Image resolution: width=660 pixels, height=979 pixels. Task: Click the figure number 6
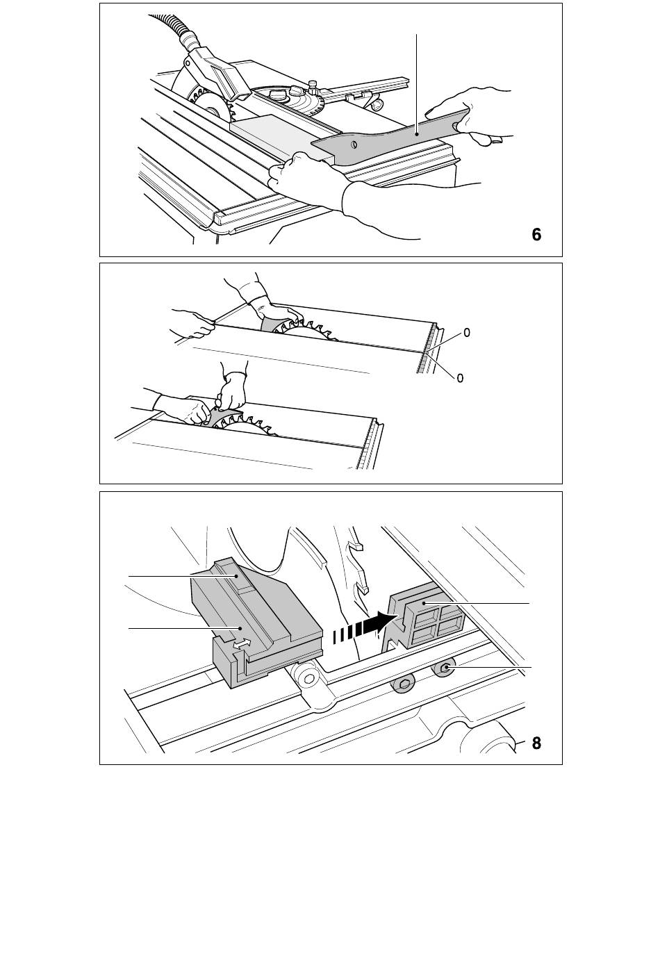click(x=536, y=235)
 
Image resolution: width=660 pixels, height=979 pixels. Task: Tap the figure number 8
click(x=536, y=743)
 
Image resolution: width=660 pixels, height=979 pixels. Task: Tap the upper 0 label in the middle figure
click(x=467, y=333)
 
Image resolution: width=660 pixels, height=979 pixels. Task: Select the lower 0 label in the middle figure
click(x=460, y=378)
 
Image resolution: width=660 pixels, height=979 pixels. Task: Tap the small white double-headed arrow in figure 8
click(x=242, y=643)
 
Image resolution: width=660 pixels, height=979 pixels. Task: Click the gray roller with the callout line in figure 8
click(x=445, y=667)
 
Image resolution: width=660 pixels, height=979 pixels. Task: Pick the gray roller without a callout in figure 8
click(x=404, y=686)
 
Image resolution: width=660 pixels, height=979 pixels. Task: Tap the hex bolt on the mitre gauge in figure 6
click(x=313, y=87)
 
